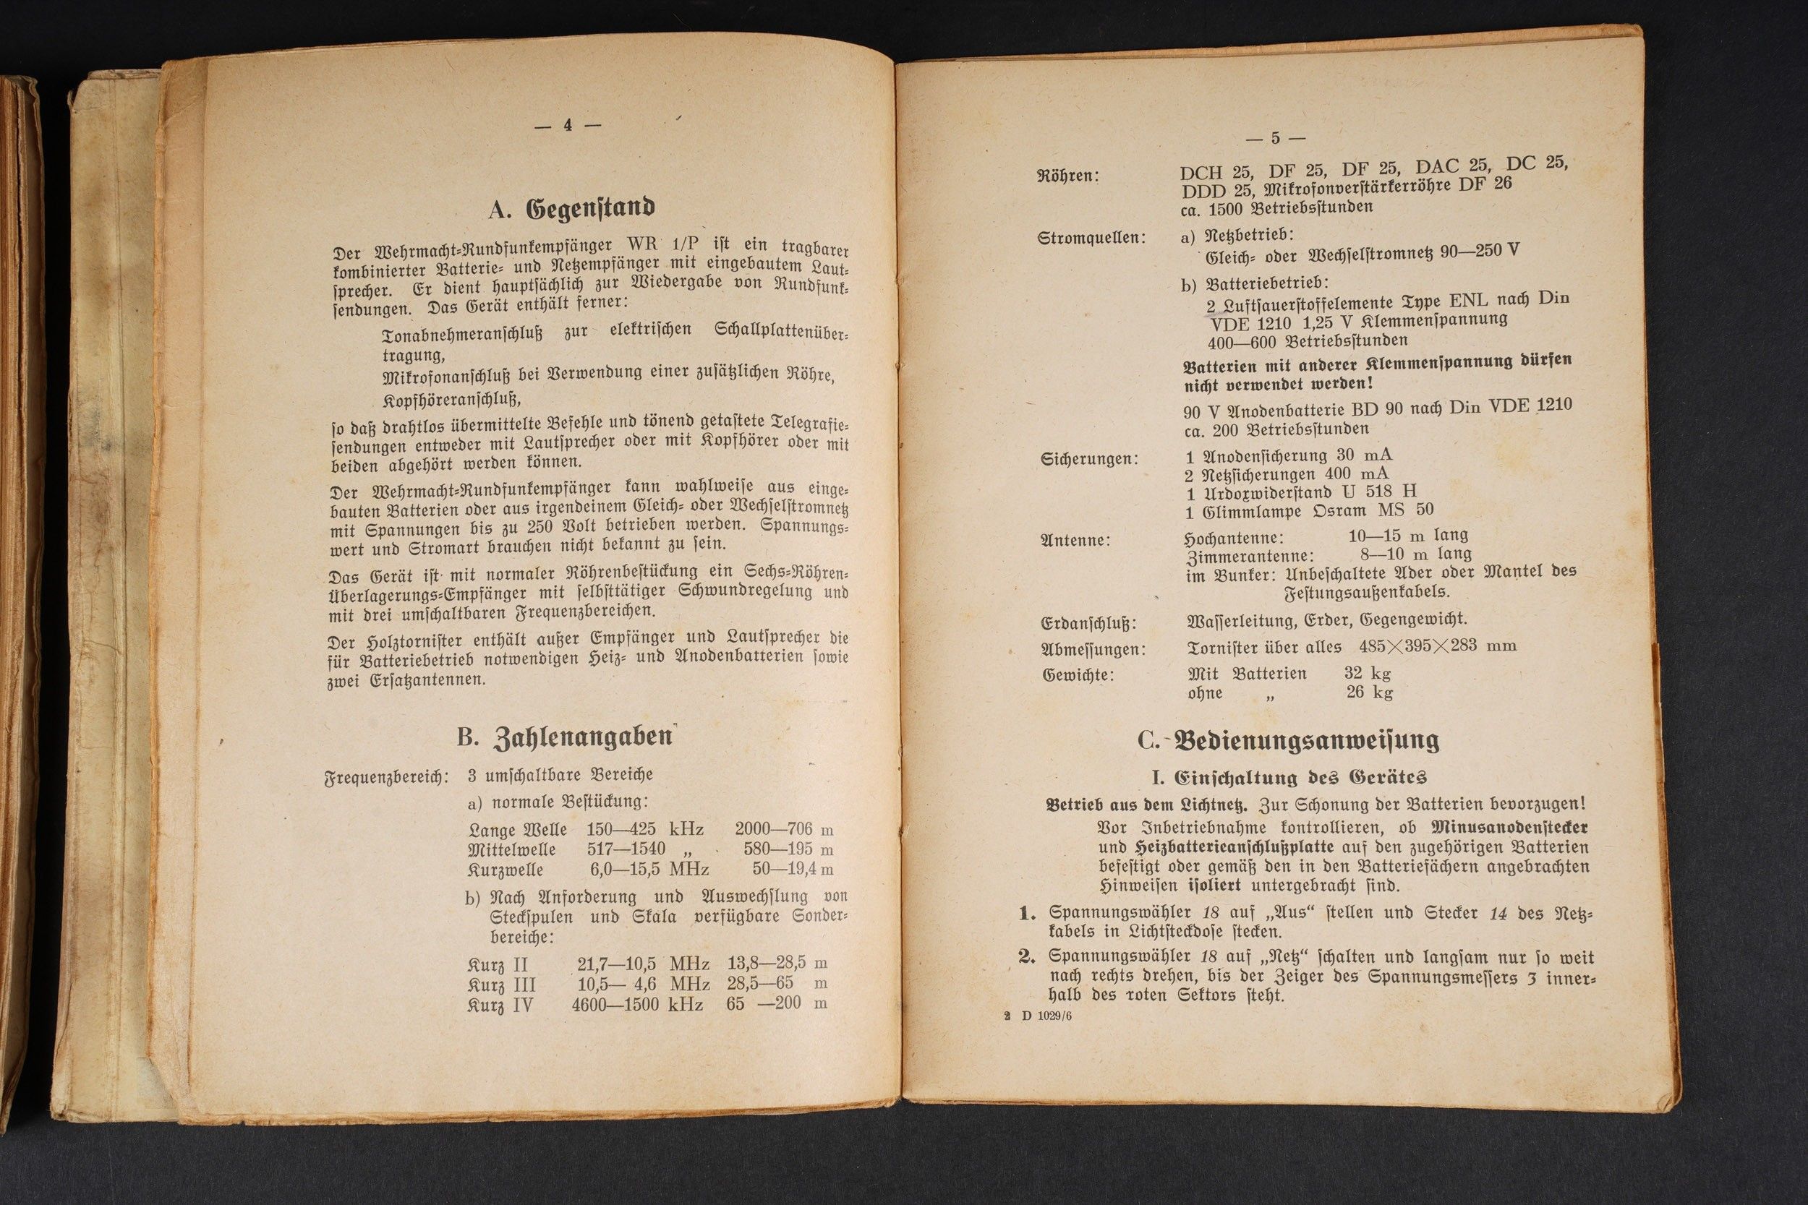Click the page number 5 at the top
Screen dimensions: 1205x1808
pyautogui.click(x=1275, y=138)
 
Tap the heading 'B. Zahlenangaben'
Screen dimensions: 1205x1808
pyautogui.click(x=565, y=737)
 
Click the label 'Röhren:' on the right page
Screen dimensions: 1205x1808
pyautogui.click(x=1068, y=176)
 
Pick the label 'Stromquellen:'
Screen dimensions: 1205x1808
pyautogui.click(x=1091, y=239)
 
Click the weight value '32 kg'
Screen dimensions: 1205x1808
pyautogui.click(x=1368, y=673)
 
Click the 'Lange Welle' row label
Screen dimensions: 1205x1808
pyautogui.click(x=517, y=830)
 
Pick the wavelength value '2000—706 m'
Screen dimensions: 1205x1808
pyautogui.click(x=783, y=829)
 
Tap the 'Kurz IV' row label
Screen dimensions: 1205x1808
pyautogui.click(x=500, y=1005)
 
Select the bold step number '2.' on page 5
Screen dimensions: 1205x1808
pyautogui.click(x=1028, y=957)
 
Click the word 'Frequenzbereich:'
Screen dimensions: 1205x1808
pyautogui.click(x=386, y=777)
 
